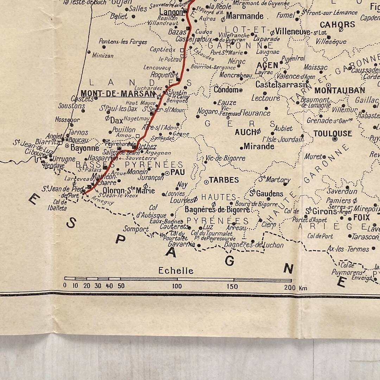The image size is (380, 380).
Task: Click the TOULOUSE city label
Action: click(332, 133)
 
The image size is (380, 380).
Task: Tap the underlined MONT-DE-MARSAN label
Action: click(118, 94)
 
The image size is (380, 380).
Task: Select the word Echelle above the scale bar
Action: click(176, 271)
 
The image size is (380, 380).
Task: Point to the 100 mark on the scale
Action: click(177, 286)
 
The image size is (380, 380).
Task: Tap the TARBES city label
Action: click(224, 180)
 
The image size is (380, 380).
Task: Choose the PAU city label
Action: click(177, 172)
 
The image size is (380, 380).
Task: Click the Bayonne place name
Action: click(85, 148)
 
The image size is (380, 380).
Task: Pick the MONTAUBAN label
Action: click(340, 90)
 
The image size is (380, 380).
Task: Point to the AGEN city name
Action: click(267, 65)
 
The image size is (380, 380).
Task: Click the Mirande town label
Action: click(259, 146)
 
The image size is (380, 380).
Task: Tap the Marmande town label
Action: click(245, 16)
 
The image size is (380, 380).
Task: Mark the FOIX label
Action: click(361, 217)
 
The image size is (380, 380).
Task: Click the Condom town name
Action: click(226, 90)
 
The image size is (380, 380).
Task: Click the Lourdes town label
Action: click(182, 200)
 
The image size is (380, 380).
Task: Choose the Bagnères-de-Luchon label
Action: click(254, 245)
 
